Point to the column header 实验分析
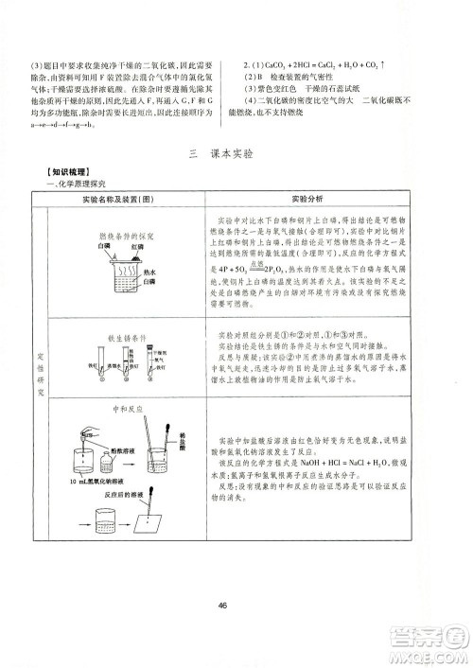[x=307, y=201]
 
